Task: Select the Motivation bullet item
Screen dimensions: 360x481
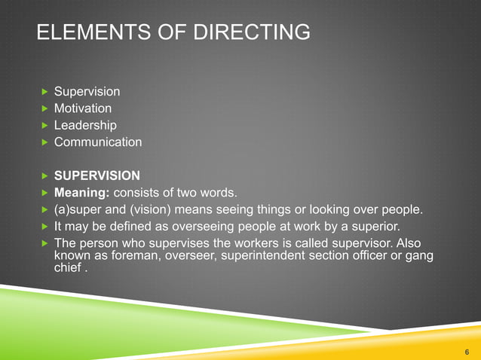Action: [x=82, y=108]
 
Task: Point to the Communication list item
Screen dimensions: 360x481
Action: [x=97, y=142]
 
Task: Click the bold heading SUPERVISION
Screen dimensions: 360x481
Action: [x=97, y=175]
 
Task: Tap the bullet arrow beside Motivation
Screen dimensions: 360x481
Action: [x=44, y=108]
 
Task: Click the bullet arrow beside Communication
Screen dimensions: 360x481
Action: [x=44, y=142]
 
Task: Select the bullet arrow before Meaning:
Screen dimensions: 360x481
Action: [x=44, y=193]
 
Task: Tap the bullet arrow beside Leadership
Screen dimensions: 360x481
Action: [x=44, y=125]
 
